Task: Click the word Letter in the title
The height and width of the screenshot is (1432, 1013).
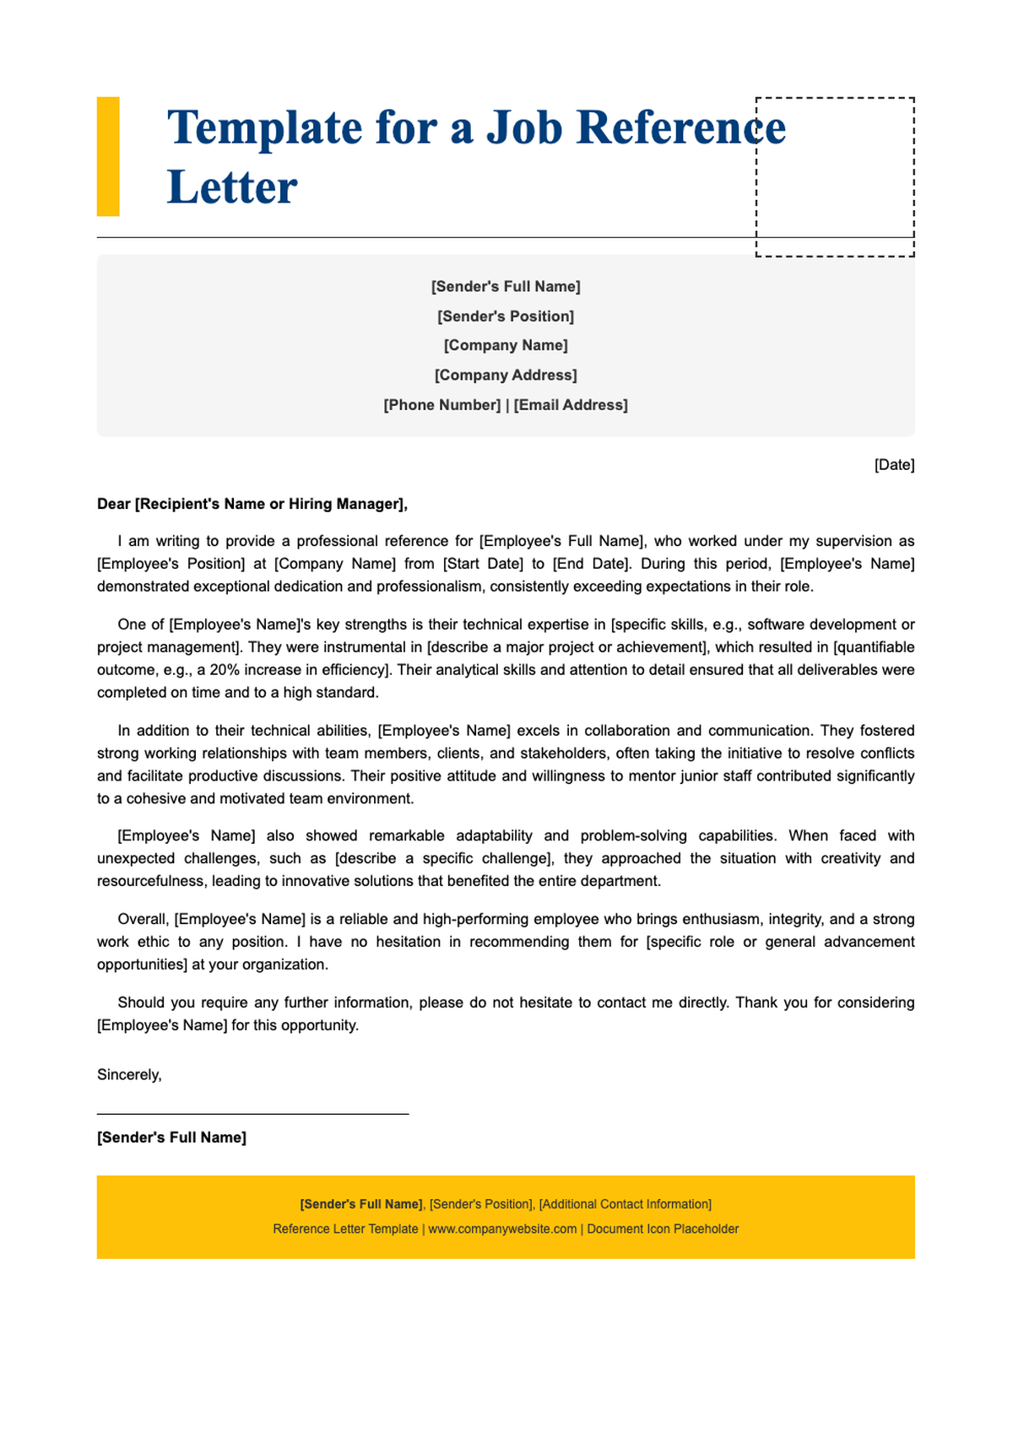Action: (x=232, y=187)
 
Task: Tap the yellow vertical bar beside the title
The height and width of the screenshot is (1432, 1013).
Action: (x=108, y=156)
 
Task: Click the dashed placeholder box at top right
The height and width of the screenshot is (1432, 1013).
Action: (x=835, y=176)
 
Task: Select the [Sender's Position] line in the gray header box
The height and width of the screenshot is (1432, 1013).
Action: (x=506, y=316)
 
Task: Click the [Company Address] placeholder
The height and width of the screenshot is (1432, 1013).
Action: (x=506, y=375)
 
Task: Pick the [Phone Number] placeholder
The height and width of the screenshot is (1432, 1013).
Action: (x=442, y=405)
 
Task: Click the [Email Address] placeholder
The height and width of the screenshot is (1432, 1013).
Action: (x=571, y=405)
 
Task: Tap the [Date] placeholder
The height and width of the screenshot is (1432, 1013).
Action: (x=894, y=465)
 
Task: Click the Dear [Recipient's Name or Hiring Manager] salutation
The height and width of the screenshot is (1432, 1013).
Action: (x=252, y=505)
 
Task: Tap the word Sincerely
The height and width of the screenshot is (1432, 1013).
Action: (x=128, y=1075)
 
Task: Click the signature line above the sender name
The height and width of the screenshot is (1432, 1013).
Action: (x=252, y=1114)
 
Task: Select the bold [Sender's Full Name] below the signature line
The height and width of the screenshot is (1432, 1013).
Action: (x=171, y=1137)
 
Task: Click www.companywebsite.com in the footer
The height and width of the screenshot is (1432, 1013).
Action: (x=502, y=1229)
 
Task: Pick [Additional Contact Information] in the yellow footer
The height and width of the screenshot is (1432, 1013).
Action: (x=625, y=1204)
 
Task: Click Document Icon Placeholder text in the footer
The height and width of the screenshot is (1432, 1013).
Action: (x=663, y=1229)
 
